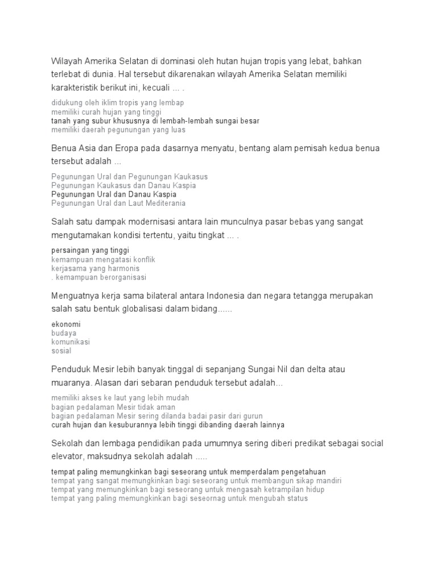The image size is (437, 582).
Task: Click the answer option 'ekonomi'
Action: [x=65, y=324]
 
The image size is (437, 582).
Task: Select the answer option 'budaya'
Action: [x=64, y=333]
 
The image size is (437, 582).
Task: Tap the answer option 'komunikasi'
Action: [x=71, y=342]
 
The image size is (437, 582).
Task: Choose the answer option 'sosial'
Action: [x=61, y=351]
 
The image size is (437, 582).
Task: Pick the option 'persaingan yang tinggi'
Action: [x=90, y=250]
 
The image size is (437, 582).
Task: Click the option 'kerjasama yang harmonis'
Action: [x=95, y=268]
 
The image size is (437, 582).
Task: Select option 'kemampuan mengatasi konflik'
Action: [x=103, y=259]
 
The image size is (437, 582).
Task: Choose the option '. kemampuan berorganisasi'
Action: [x=98, y=277]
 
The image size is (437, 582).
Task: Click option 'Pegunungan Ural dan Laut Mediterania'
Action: [x=118, y=203]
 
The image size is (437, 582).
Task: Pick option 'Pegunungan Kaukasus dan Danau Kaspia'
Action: [x=123, y=185]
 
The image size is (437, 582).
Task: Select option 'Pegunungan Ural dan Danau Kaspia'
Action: [x=114, y=194]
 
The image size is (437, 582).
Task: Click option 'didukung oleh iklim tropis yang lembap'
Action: [x=117, y=103]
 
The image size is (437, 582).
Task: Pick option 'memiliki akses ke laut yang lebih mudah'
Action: [x=120, y=398]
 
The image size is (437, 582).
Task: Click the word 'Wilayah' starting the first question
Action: [x=67, y=60]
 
